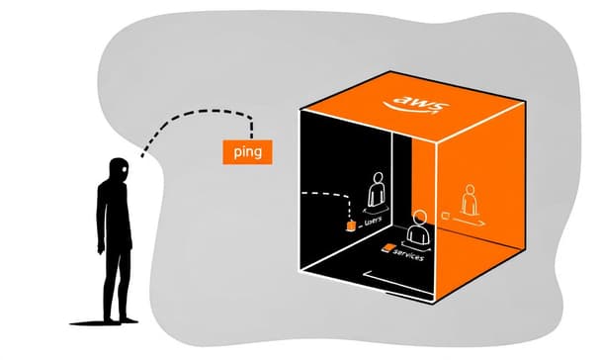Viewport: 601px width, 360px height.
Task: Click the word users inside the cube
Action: [x=373, y=223]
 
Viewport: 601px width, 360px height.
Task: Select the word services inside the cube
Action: [x=408, y=254]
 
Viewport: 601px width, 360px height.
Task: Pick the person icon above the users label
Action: [x=376, y=190]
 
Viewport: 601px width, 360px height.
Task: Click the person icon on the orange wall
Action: [x=470, y=203]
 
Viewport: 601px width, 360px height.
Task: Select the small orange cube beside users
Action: [x=349, y=226]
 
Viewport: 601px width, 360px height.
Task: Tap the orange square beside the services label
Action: [x=387, y=247]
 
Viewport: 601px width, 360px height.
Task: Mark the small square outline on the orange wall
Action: [x=447, y=214]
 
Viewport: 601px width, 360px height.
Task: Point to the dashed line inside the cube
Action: [x=326, y=195]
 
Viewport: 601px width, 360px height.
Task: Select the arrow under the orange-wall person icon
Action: [x=471, y=224]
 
